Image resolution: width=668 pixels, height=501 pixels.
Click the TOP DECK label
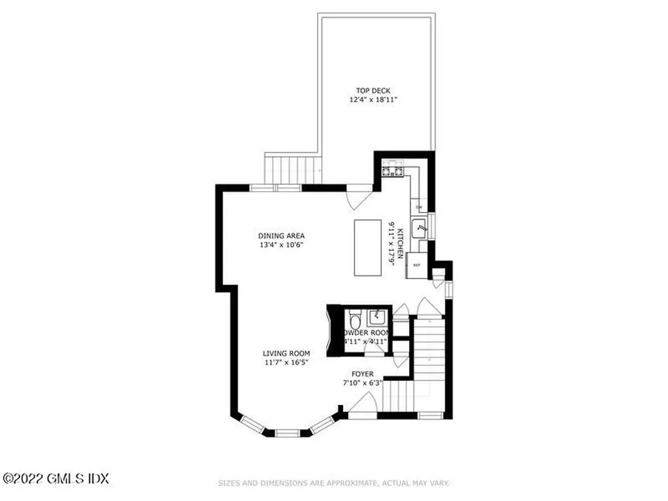click(373, 91)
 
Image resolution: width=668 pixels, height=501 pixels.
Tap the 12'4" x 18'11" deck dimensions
click(373, 100)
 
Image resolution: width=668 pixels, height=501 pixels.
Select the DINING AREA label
click(281, 235)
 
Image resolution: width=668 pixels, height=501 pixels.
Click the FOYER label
click(363, 374)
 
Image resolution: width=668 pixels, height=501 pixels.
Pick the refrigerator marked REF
click(416, 266)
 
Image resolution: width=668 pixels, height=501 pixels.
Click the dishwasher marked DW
click(419, 207)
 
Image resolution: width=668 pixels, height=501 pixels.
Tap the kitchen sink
click(421, 228)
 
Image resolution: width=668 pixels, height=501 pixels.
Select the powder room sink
click(377, 318)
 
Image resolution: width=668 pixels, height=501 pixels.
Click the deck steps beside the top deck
click(293, 169)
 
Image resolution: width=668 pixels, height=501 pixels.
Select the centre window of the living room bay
click(287, 433)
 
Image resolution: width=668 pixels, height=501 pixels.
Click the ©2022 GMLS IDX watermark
click(55, 479)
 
